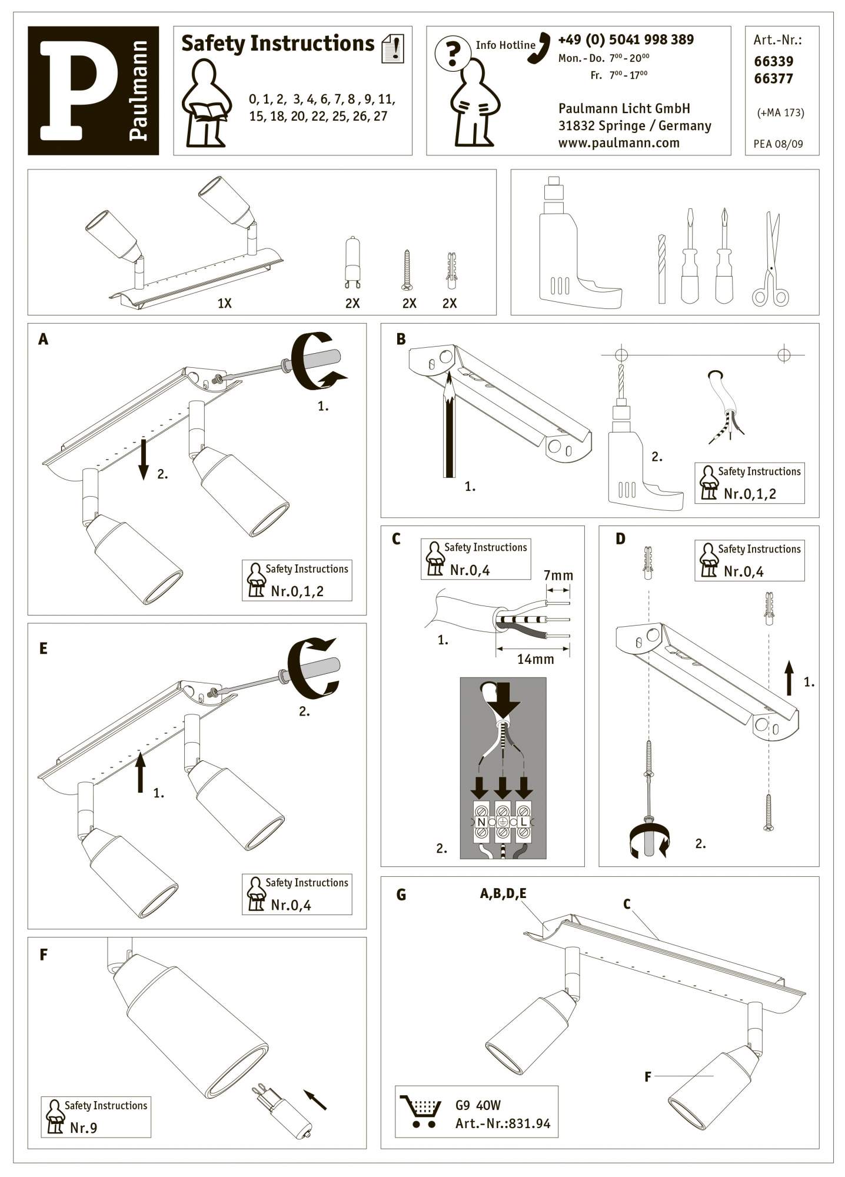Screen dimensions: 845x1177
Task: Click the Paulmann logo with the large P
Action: click(x=93, y=91)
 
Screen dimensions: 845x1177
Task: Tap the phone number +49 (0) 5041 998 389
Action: click(x=626, y=39)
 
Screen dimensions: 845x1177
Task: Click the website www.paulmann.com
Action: click(x=618, y=142)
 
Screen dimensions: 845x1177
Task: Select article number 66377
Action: click(x=773, y=78)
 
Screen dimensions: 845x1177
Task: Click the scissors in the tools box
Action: click(x=771, y=259)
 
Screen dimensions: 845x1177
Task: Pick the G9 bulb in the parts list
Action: click(x=352, y=262)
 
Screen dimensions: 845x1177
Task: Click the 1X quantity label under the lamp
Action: click(x=224, y=304)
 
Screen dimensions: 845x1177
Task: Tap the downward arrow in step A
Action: click(x=144, y=458)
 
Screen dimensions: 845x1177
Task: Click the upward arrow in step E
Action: click(x=140, y=771)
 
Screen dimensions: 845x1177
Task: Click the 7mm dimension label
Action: click(x=558, y=575)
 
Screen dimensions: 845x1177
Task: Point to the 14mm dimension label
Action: click(x=535, y=659)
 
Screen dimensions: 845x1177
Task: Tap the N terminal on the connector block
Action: click(x=481, y=822)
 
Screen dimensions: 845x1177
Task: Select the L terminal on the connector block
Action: click(x=523, y=822)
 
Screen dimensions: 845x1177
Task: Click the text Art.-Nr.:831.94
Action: click(x=503, y=1123)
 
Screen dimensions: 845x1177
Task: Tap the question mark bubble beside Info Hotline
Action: click(x=452, y=54)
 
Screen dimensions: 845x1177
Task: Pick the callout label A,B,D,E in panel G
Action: click(x=503, y=894)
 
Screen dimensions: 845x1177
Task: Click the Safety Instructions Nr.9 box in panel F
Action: click(x=96, y=1116)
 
